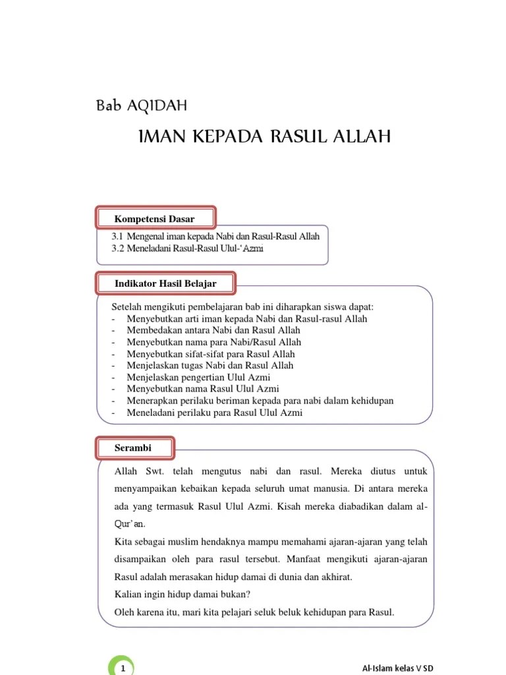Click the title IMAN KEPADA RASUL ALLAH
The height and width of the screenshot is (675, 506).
pyautogui.click(x=265, y=136)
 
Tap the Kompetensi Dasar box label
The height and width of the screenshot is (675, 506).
pyautogui.click(x=155, y=218)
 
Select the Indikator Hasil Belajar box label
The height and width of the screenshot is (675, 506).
pyautogui.click(x=165, y=283)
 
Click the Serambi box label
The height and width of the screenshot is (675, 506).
pyautogui.click(x=133, y=448)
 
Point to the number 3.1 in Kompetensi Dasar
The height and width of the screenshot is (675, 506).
pyautogui.click(x=118, y=236)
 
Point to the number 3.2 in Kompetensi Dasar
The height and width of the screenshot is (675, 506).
pyautogui.click(x=118, y=249)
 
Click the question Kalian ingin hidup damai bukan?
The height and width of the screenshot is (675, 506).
pyautogui.click(x=183, y=593)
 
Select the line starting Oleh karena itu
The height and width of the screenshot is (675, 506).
pyautogui.click(x=254, y=612)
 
